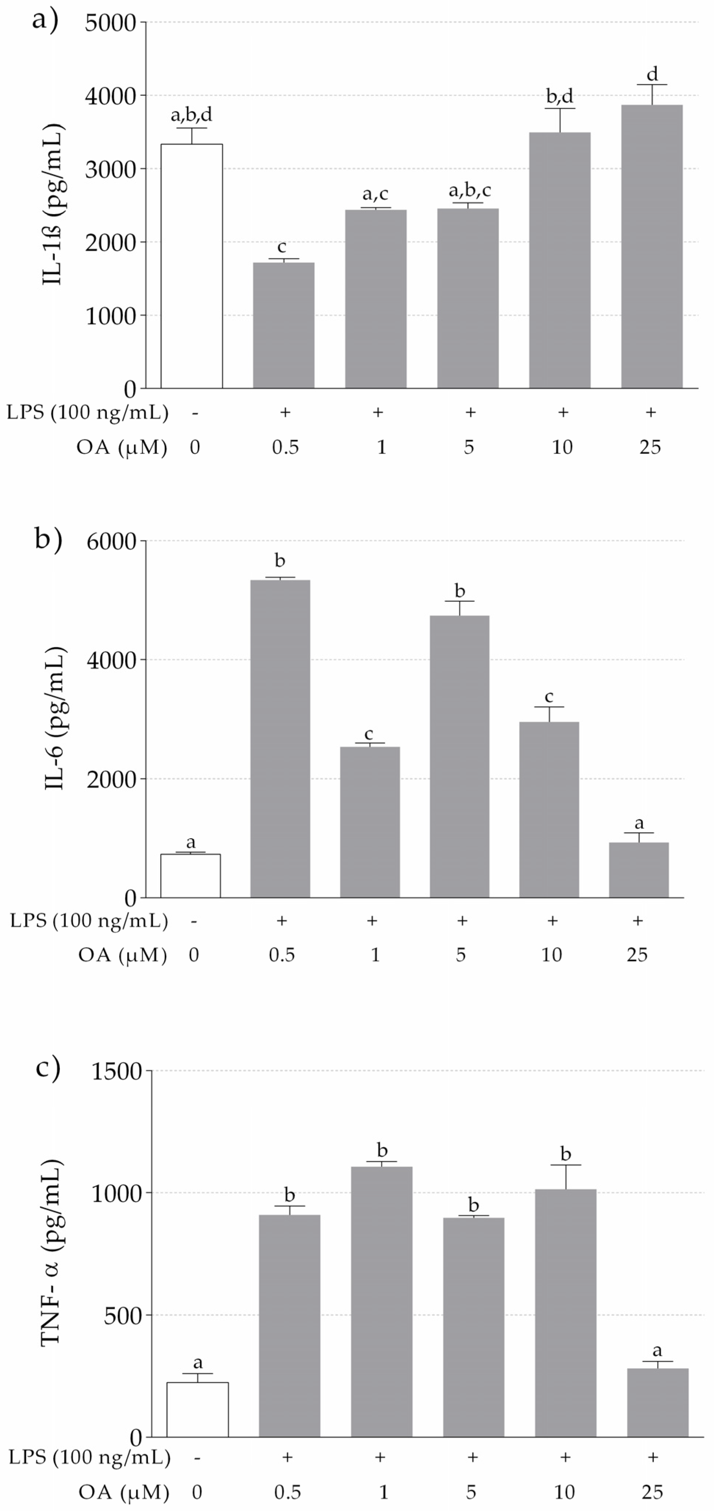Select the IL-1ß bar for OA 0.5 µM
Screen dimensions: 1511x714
[283, 325]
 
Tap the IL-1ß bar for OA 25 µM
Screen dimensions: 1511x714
[652, 247]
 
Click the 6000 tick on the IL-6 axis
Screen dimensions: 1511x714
[112, 541]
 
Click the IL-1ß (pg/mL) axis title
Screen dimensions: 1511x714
[53, 205]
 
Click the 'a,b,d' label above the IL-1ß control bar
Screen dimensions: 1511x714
[191, 114]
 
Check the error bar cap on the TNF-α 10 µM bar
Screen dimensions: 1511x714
[565, 1165]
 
